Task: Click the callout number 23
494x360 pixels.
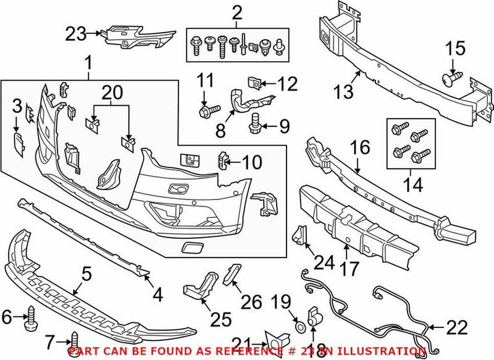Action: [77, 35]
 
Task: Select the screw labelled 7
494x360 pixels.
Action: [75, 341]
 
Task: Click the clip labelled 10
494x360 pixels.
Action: [223, 161]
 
